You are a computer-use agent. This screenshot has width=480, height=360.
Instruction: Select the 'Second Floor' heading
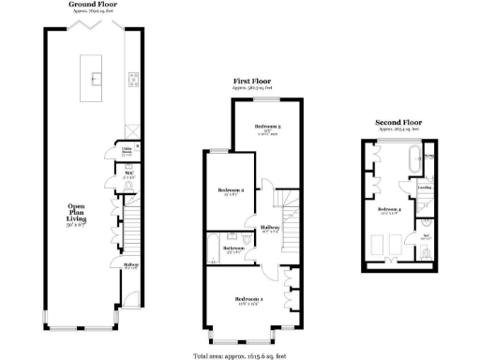[400, 123]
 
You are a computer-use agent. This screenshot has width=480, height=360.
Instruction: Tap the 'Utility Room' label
[126, 149]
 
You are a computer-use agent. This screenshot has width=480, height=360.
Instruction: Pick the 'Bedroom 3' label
[268, 126]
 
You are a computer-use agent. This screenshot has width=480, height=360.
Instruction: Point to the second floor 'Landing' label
[424, 187]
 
